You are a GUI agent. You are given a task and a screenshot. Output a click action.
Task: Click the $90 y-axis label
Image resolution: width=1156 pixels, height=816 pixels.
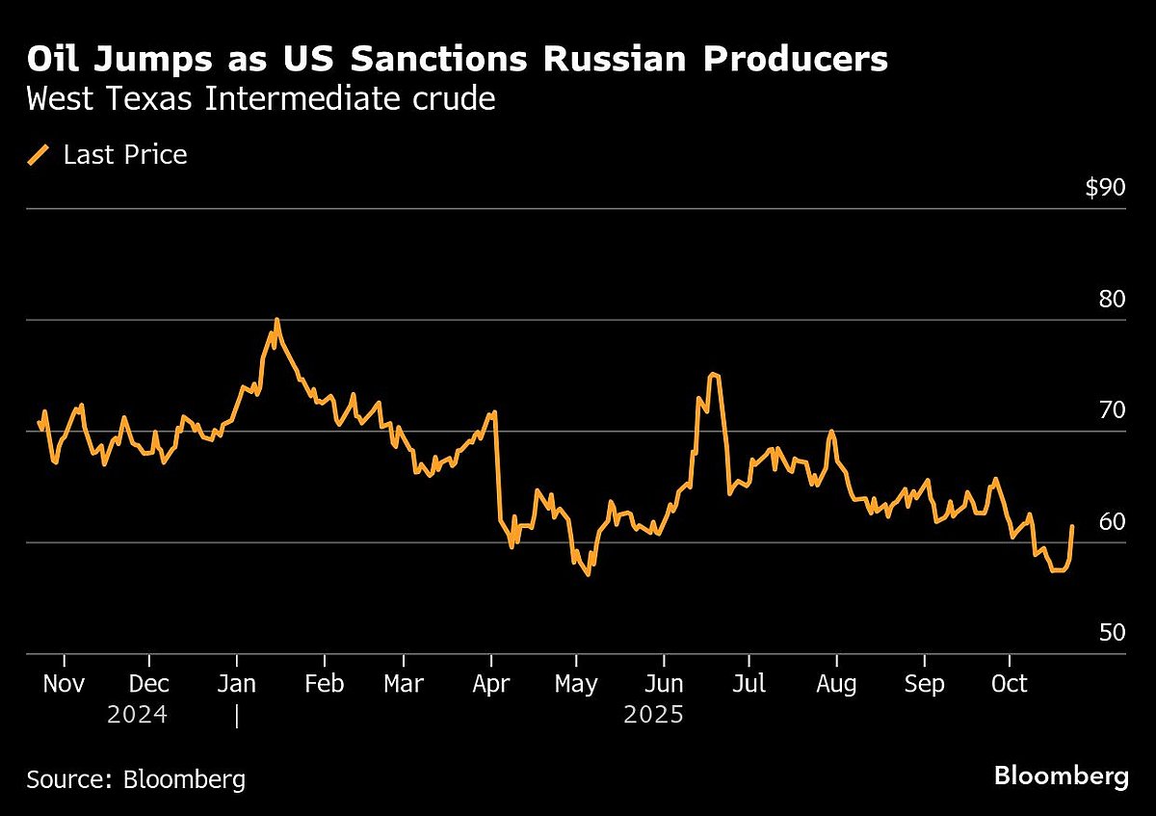click(x=1105, y=188)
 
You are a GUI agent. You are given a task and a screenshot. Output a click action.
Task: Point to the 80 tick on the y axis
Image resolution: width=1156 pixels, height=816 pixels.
click(x=1113, y=299)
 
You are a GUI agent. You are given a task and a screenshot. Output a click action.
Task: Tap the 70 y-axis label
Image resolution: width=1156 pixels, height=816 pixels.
click(x=1113, y=410)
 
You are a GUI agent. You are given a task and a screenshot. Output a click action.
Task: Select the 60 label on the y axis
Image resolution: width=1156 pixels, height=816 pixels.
click(x=1113, y=521)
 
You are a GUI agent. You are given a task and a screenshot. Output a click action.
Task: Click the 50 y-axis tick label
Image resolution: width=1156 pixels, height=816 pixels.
click(x=1113, y=633)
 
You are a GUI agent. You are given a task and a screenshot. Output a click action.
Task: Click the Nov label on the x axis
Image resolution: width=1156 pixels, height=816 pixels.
click(x=65, y=684)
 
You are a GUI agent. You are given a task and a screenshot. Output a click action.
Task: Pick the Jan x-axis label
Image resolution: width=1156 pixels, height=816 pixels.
click(x=237, y=684)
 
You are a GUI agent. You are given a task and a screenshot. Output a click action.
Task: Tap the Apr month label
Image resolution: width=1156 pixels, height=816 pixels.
click(x=491, y=684)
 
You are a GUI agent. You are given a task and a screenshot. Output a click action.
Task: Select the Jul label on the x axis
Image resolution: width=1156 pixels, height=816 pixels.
click(x=749, y=684)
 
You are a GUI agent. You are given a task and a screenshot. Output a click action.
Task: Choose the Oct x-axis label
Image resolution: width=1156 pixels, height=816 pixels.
click(x=1010, y=684)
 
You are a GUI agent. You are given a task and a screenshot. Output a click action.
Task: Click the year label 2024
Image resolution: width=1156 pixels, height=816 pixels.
click(x=137, y=716)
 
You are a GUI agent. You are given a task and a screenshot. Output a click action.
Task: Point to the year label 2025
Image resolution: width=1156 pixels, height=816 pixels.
click(x=654, y=716)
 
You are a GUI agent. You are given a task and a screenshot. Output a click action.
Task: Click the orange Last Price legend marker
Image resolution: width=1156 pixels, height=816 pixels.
click(x=39, y=155)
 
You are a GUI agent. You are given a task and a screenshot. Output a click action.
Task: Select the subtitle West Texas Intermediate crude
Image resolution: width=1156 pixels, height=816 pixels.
click(x=261, y=99)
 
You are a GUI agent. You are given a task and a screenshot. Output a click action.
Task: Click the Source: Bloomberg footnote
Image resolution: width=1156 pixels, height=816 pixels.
click(x=136, y=779)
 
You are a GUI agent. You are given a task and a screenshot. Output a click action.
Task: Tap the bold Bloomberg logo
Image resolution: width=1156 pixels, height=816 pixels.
click(x=1061, y=777)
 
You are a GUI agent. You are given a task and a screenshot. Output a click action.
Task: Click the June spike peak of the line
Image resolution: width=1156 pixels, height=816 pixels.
click(x=712, y=374)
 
